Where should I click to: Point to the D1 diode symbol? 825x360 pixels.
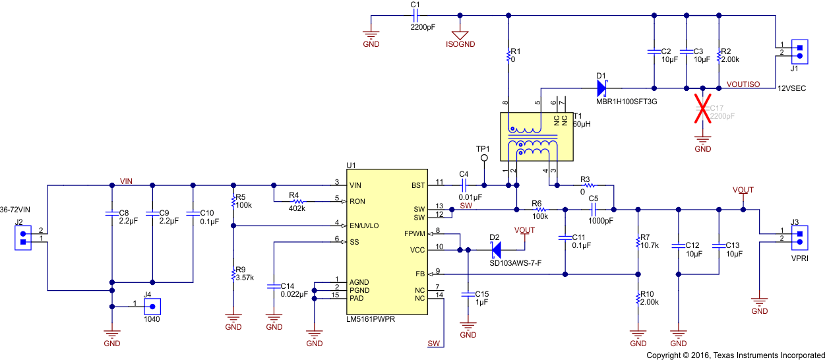pos(601,87)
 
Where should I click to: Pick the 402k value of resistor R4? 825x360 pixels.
pos(297,208)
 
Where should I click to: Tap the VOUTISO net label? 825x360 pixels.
pos(743,84)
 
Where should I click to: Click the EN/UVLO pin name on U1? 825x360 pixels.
pos(364,225)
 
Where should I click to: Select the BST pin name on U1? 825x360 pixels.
pos(419,185)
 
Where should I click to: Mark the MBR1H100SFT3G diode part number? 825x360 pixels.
pos(626,102)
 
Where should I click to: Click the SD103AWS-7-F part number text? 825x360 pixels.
pos(515,263)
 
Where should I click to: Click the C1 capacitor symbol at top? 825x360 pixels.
pos(415,16)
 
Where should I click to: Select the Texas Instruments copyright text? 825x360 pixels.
pos(733,355)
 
